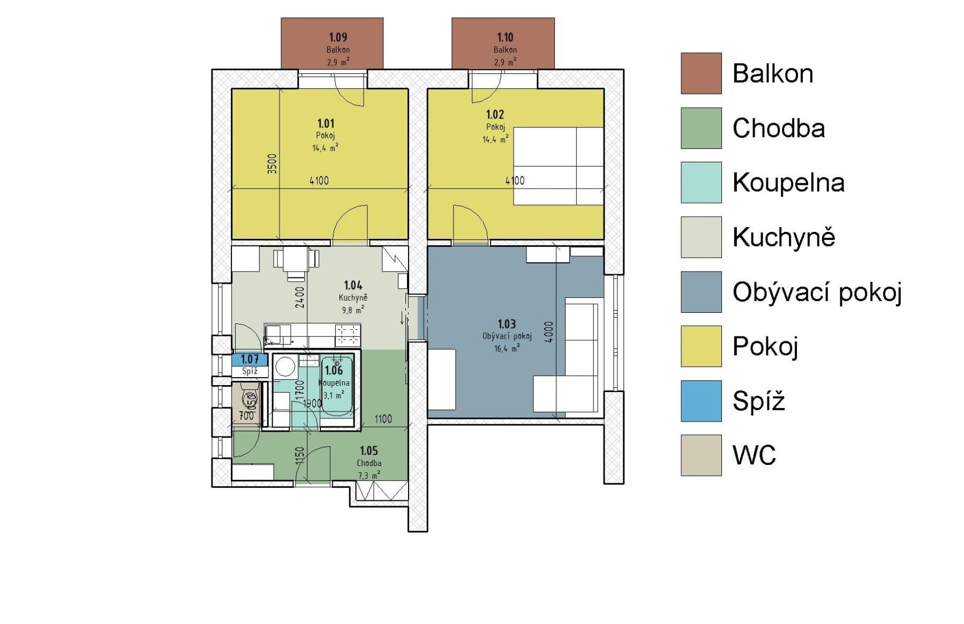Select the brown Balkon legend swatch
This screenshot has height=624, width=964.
[x=701, y=73]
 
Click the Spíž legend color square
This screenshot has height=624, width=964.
[x=701, y=401]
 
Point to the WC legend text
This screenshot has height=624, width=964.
[x=754, y=455]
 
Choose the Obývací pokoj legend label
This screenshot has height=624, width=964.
[x=817, y=292]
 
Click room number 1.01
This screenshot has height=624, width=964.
[x=326, y=124]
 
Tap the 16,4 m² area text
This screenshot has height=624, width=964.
[x=507, y=349]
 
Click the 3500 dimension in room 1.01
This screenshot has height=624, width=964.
[x=273, y=163]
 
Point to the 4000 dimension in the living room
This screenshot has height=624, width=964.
[x=548, y=332]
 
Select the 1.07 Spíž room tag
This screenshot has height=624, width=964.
[x=250, y=359]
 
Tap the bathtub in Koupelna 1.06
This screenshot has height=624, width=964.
[x=337, y=384]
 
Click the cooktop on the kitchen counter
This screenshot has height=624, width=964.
[x=348, y=335]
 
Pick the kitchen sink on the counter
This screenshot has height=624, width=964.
[x=278, y=335]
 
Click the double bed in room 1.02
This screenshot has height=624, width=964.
[x=558, y=166]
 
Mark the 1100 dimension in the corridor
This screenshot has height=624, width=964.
[x=383, y=419]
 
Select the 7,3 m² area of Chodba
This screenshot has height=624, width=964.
[x=368, y=475]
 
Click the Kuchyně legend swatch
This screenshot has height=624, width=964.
[x=701, y=237]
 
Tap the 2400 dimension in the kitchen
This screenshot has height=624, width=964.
[x=300, y=297]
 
